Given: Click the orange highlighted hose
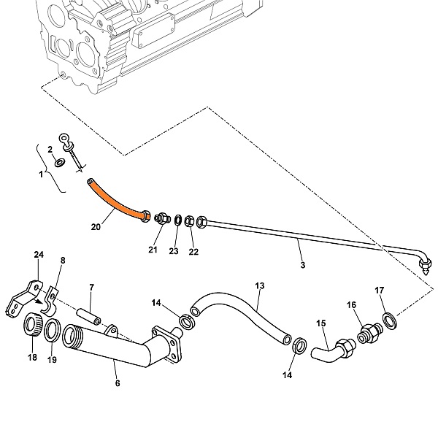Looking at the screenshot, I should (x=117, y=199).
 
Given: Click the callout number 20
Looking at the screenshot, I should (x=96, y=227).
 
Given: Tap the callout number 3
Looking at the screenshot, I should (x=301, y=265).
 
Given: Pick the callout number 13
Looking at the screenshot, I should (x=258, y=285).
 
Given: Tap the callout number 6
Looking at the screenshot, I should (x=118, y=383).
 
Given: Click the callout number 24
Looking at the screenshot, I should (x=39, y=255).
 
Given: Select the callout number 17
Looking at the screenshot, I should (x=379, y=291).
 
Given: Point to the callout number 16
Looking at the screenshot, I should (x=352, y=304).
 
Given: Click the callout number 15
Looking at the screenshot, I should (x=320, y=323).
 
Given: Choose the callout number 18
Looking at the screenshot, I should (x=32, y=357).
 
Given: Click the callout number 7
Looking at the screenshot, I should (x=91, y=287).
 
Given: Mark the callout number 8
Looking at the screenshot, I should (x=62, y=260).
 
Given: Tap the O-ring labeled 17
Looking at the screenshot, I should (x=391, y=319).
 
